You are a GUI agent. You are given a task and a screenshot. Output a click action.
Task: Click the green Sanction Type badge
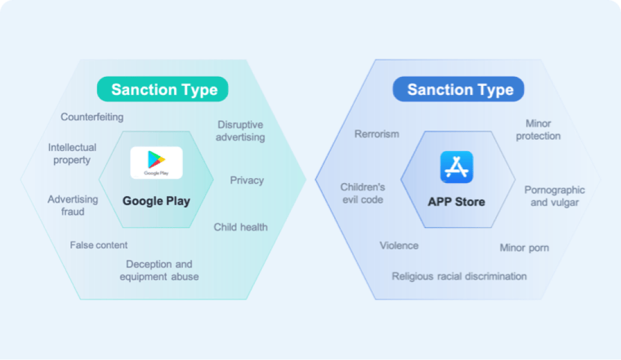163,89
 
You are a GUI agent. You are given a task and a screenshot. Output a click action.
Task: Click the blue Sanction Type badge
458,89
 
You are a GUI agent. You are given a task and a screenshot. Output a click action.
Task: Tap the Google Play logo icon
157,163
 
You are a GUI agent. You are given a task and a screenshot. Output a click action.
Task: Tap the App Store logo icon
457,167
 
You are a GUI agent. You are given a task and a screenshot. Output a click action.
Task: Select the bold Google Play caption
157,201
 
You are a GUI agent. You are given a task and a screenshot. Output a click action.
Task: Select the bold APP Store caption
456,202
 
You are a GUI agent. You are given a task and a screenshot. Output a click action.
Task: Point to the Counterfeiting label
92,117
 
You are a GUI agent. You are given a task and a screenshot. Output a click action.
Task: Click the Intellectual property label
72,154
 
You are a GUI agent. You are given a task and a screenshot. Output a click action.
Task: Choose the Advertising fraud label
73,205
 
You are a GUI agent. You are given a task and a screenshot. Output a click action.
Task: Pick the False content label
98,245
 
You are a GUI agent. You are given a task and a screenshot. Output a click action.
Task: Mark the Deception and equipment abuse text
159,270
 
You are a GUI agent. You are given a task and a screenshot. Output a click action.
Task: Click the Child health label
241,227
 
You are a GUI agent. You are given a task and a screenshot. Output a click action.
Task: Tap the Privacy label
247,181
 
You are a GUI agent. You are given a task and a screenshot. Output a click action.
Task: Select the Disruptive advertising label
241,131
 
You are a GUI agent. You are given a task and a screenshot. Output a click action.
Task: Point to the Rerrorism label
377,134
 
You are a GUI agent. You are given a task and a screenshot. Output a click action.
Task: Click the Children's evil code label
363,193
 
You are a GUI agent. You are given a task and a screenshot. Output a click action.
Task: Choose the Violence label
399,245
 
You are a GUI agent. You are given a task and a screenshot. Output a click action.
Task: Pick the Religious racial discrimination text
460,276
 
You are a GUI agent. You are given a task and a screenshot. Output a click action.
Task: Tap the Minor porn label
524,248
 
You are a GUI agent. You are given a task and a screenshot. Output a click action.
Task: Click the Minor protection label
538,130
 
